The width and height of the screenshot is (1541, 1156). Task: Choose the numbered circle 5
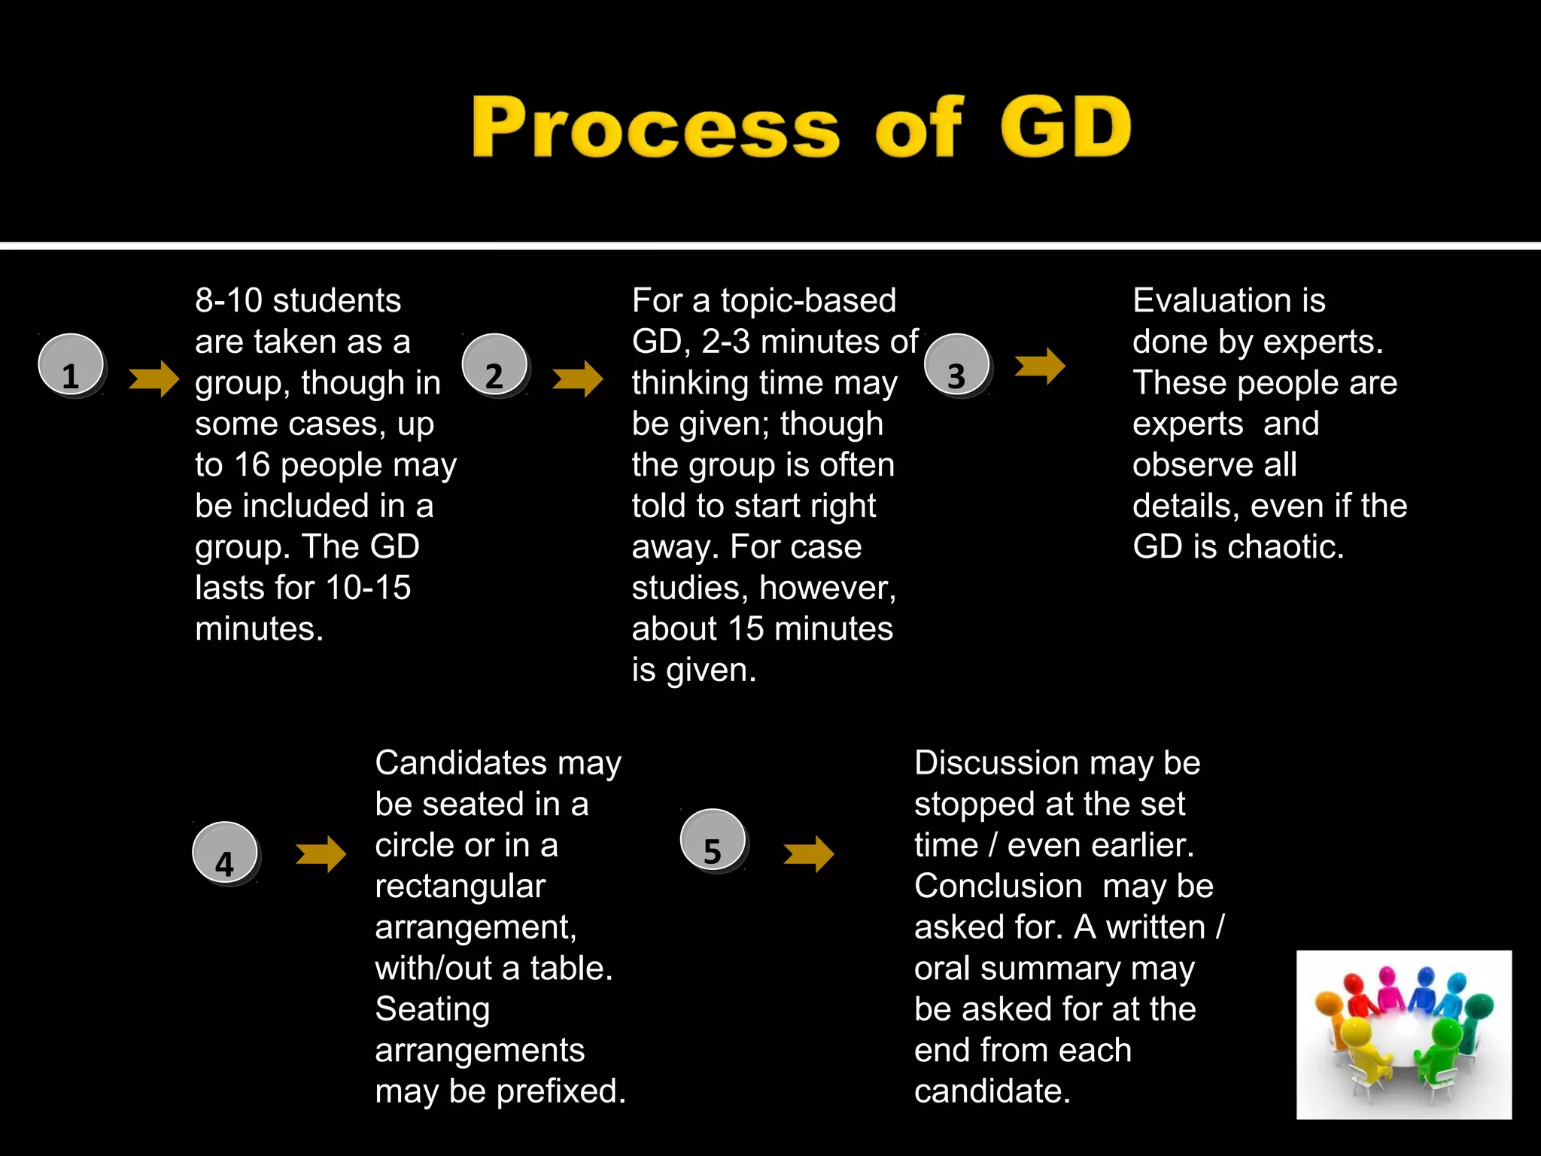click(713, 841)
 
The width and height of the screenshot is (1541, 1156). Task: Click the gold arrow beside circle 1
click(154, 378)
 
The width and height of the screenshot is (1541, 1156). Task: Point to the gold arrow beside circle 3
click(1040, 367)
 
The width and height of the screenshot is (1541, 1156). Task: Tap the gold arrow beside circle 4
click(321, 854)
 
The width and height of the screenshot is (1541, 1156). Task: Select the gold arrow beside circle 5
click(809, 854)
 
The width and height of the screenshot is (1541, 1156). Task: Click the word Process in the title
click(655, 127)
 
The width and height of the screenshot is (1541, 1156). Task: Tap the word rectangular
click(460, 887)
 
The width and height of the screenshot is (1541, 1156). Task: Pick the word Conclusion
click(998, 887)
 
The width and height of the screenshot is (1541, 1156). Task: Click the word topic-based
click(808, 301)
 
